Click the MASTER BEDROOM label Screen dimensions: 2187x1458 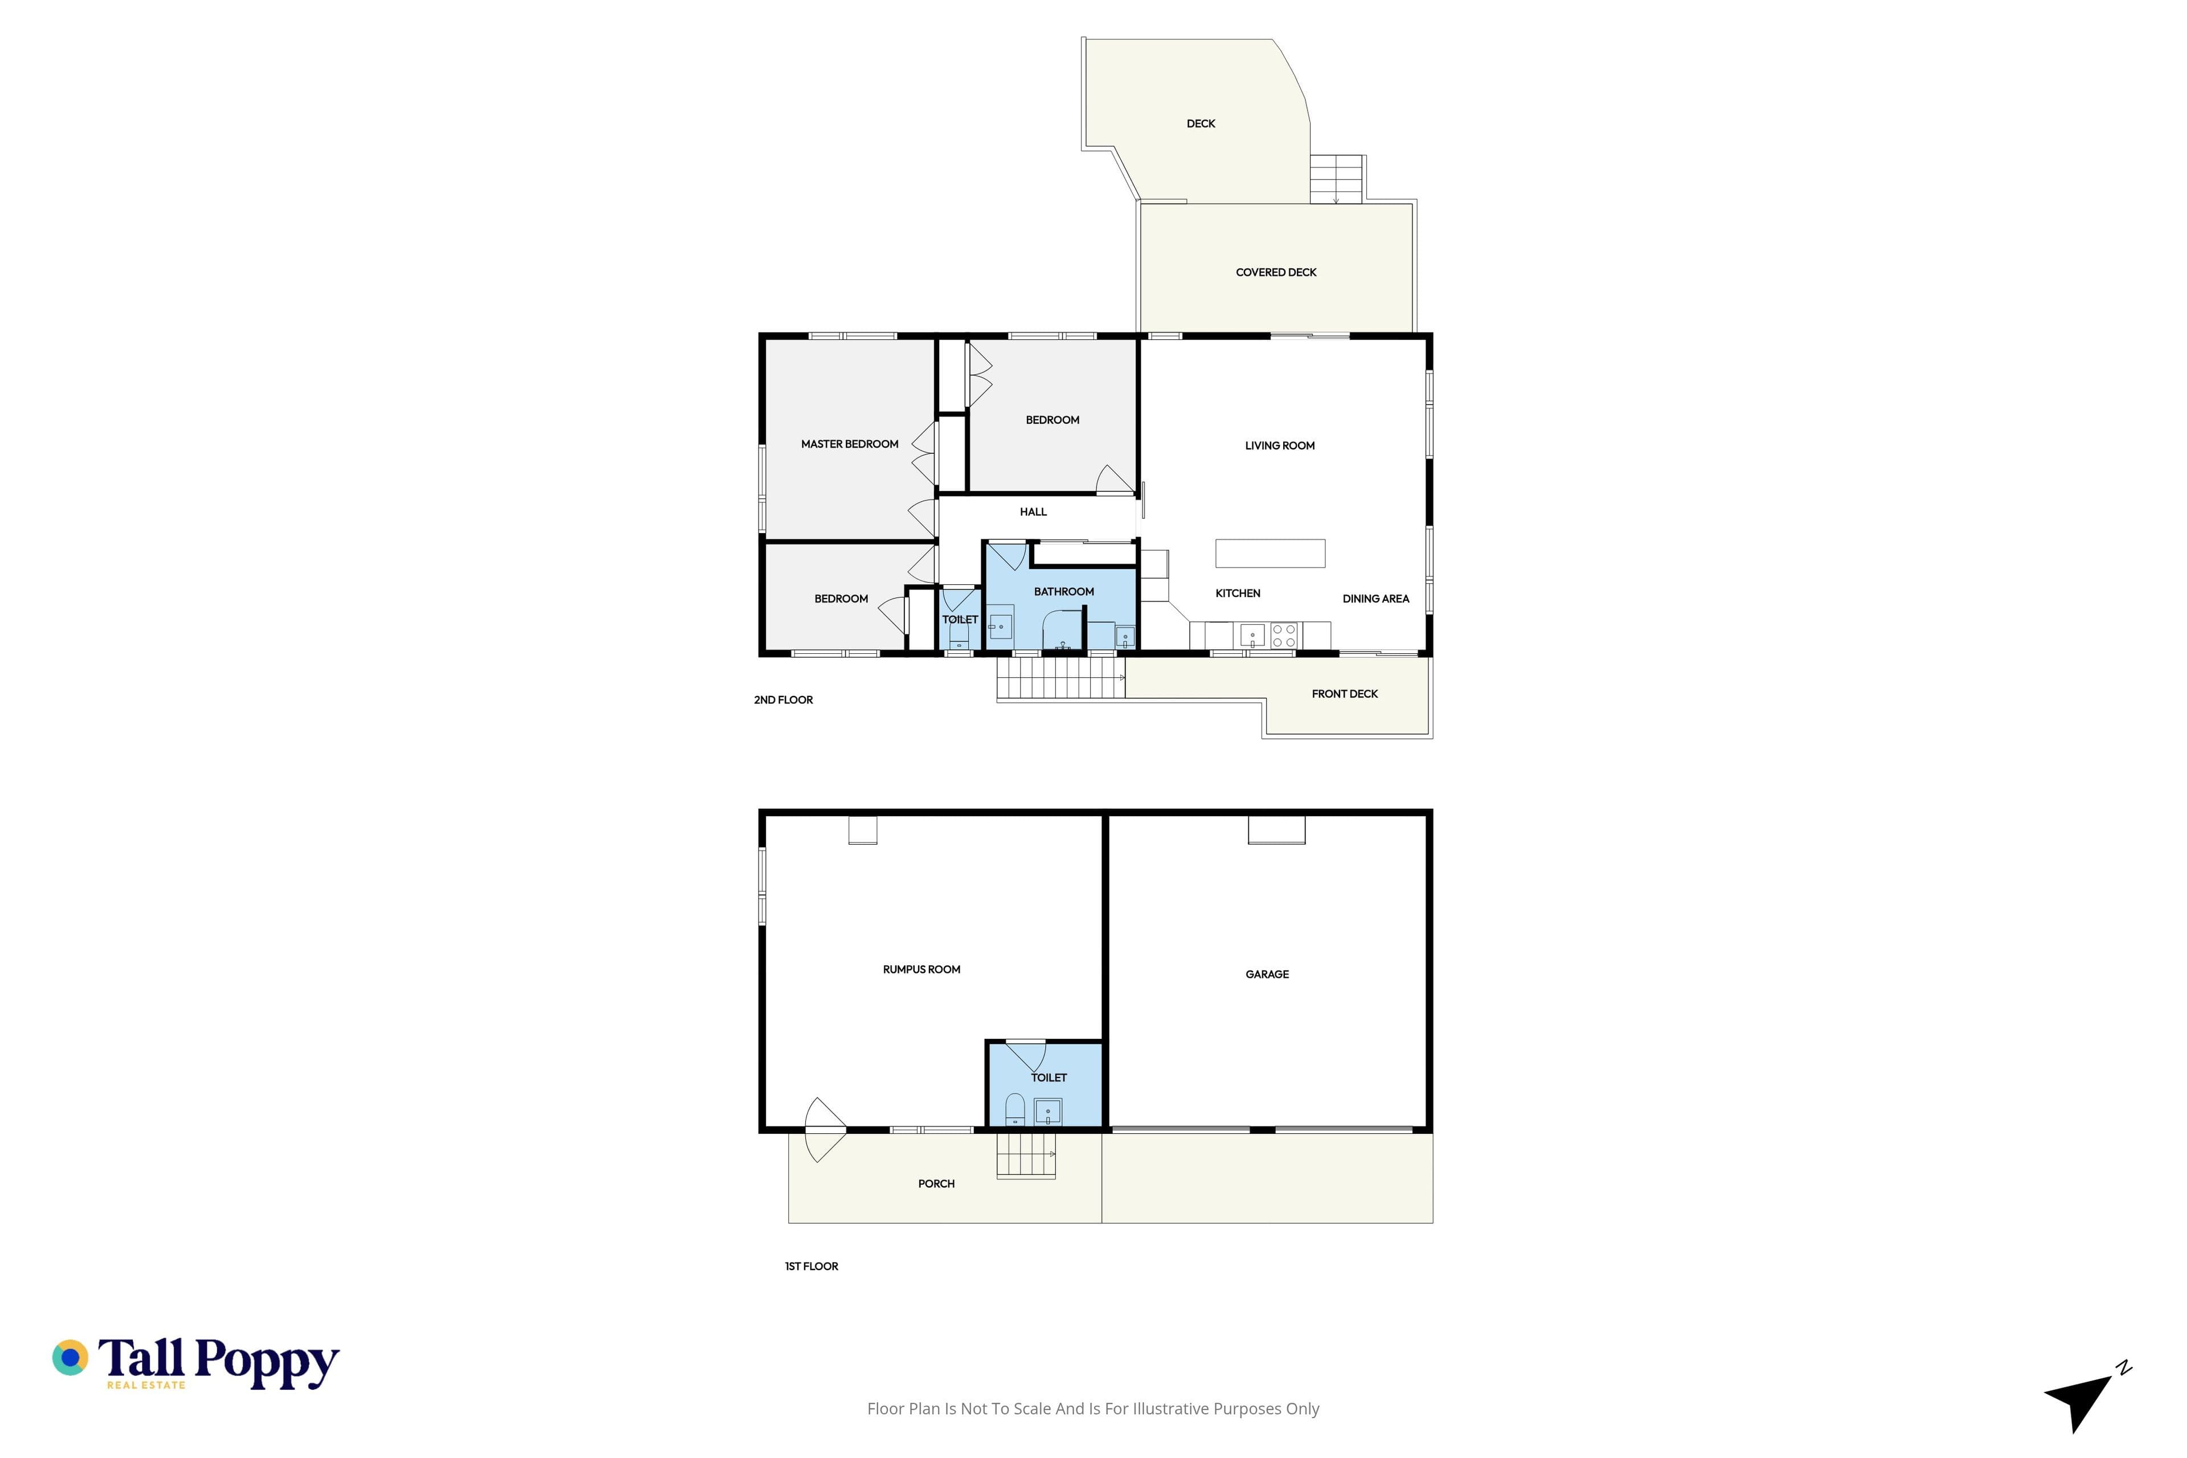849,444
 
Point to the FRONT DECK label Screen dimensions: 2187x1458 1345,694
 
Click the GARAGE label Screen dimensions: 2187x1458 1267,974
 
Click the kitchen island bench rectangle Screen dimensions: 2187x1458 1270,553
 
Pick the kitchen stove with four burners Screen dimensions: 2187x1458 1284,636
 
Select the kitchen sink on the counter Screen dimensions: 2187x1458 1252,637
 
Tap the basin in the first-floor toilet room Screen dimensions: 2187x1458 1048,1112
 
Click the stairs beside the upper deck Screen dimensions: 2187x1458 1336,179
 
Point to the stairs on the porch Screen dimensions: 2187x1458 1026,1156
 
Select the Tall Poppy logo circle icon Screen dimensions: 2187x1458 69,1358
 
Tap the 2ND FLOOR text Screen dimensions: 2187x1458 783,700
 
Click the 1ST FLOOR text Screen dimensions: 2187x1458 811,1267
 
